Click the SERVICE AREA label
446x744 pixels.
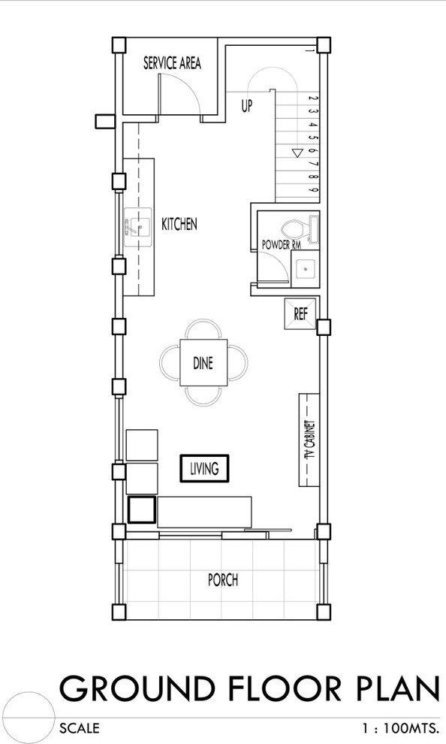(x=172, y=63)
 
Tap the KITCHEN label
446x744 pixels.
(x=179, y=224)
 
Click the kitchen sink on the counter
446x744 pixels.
(x=137, y=227)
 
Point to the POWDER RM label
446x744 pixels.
(x=281, y=245)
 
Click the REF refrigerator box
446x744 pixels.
(x=300, y=313)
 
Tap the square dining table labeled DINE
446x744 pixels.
(x=203, y=362)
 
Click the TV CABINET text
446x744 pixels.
(x=309, y=440)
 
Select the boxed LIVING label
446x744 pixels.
(x=205, y=469)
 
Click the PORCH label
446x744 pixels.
(x=223, y=580)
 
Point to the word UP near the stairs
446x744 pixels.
(x=247, y=106)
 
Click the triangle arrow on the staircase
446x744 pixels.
(x=297, y=153)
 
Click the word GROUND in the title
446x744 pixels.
(x=137, y=688)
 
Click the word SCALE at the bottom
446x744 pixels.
(x=80, y=728)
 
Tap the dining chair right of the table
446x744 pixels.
(x=237, y=362)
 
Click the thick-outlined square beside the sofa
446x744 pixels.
(x=142, y=509)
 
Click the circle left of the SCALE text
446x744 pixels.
(x=29, y=718)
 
